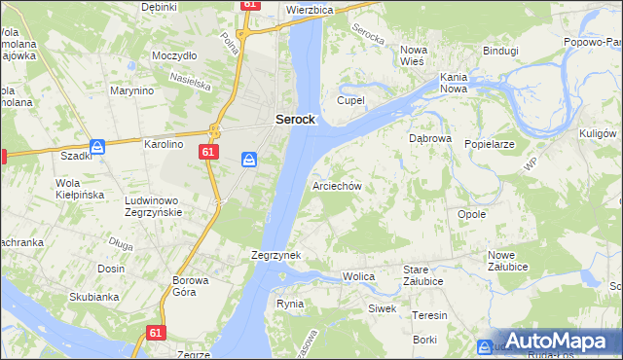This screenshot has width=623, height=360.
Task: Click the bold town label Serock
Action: click(x=294, y=119)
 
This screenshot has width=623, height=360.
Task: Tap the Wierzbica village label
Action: click(x=311, y=9)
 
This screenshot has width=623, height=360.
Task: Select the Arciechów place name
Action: click(x=337, y=185)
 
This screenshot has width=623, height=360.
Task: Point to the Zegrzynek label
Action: click(x=275, y=255)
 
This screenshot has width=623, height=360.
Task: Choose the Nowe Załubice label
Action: click(x=508, y=262)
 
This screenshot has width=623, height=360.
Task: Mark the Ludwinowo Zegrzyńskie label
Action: click(x=163, y=205)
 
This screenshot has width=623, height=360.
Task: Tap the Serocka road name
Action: click(x=370, y=37)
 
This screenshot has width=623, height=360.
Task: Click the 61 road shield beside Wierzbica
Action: click(x=251, y=5)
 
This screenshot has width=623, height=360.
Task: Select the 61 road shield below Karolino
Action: click(x=208, y=152)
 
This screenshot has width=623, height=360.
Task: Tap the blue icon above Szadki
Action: click(x=97, y=147)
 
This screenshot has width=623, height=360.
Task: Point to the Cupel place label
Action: click(x=350, y=100)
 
